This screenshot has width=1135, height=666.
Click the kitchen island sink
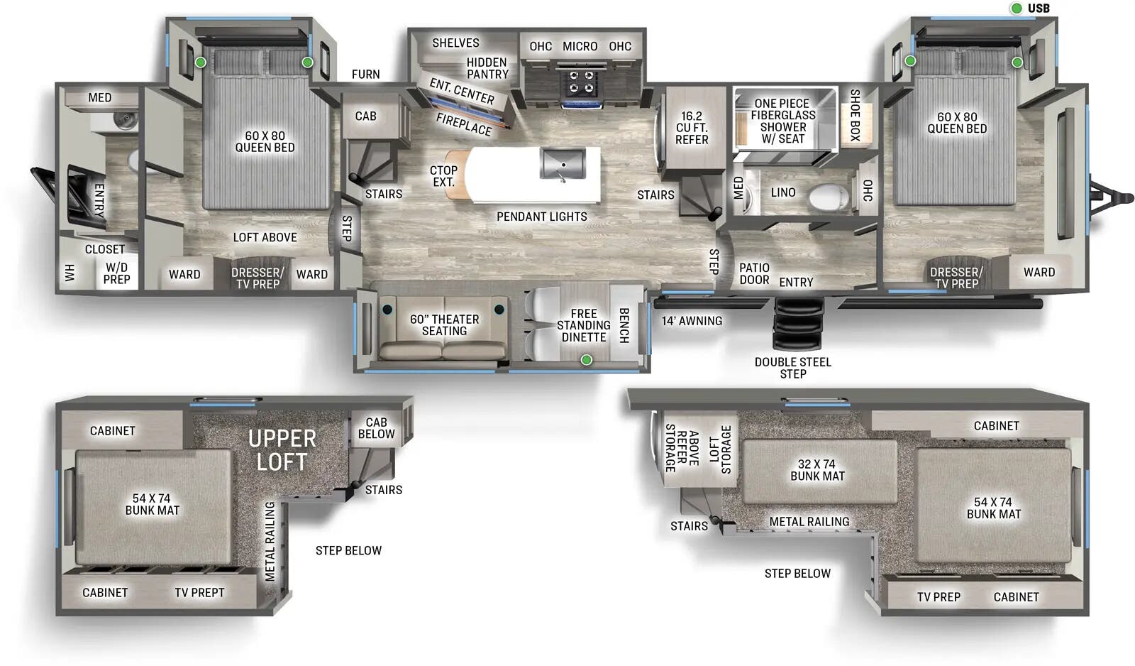pyautogui.click(x=563, y=165)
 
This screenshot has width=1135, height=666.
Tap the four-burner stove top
pyautogui.click(x=582, y=82)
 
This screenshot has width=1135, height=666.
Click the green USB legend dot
pyautogui.click(x=1017, y=9)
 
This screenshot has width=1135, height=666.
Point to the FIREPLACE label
pyautogui.click(x=463, y=124)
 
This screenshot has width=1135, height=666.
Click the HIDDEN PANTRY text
pyautogui.click(x=487, y=68)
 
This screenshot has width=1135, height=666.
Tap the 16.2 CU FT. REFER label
pyautogui.click(x=692, y=128)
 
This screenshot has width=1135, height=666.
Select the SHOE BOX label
pyautogui.click(x=855, y=114)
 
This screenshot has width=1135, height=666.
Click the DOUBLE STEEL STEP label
pyautogui.click(x=792, y=368)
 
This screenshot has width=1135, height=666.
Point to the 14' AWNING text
pyautogui.click(x=692, y=321)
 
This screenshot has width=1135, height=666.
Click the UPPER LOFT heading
pyautogui.click(x=282, y=450)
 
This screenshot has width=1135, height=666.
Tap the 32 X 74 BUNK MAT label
pyautogui.click(x=817, y=470)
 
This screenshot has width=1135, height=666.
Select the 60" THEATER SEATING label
pyautogui.click(x=444, y=325)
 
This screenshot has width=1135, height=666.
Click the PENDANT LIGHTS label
pyautogui.click(x=541, y=217)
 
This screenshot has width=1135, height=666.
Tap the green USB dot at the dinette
pyautogui.click(x=587, y=361)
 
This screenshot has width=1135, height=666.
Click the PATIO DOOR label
pyautogui.click(x=754, y=273)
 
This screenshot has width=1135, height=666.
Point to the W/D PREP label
pyautogui.click(x=116, y=273)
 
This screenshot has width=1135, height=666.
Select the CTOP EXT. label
pyautogui.click(x=443, y=176)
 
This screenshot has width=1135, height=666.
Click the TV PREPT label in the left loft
pyautogui.click(x=199, y=593)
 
